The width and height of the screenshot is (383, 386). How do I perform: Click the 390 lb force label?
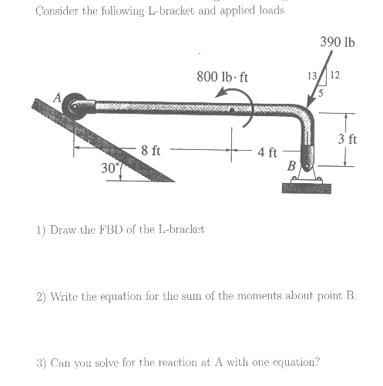(x=338, y=42)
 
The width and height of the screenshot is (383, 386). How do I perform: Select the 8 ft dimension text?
(x=150, y=150)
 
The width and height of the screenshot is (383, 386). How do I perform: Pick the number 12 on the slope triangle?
(x=334, y=75)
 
